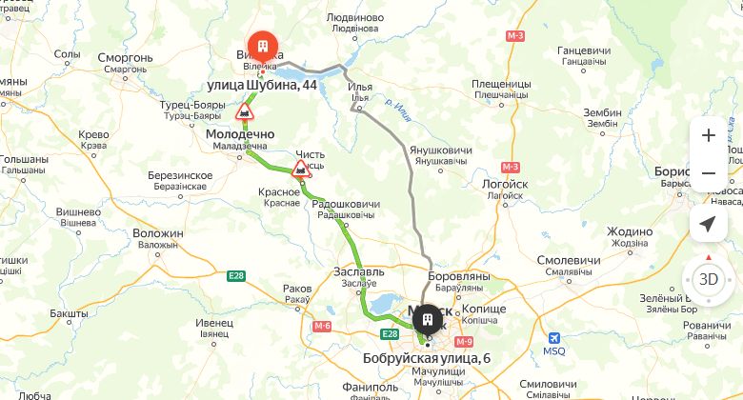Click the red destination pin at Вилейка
point(261,47)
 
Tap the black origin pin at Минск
point(428,317)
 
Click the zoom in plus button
point(708,135)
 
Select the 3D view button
point(708,280)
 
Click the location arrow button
point(708,224)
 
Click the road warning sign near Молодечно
point(245,114)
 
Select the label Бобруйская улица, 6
point(427,358)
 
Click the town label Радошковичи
point(346,204)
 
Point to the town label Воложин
point(158,233)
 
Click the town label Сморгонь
point(126,57)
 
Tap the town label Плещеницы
point(500,85)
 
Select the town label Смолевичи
point(569,260)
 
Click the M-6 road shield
point(322,326)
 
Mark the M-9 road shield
point(464,341)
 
